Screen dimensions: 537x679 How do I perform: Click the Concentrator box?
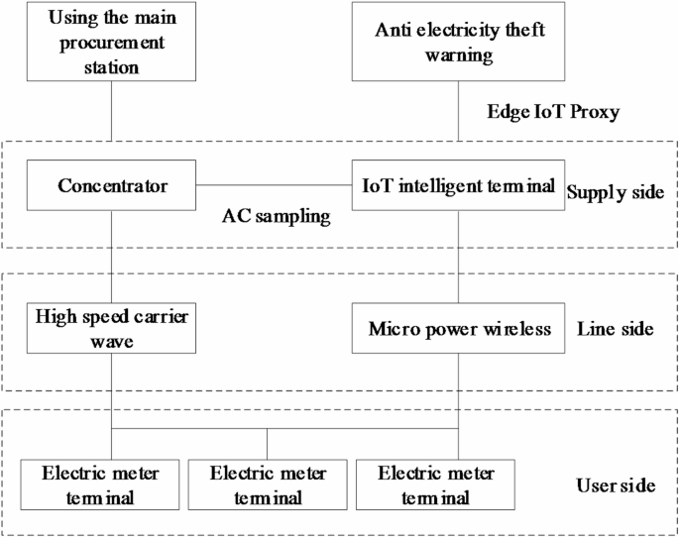111,185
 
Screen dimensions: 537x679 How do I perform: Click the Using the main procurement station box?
111,41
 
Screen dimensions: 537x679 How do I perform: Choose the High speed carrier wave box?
111,329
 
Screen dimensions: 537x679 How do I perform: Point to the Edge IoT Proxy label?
553,111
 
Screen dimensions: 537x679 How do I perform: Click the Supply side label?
615,191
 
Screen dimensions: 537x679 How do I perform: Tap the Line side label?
614,329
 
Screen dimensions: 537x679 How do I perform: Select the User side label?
615,485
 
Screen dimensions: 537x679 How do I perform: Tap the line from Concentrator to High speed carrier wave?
111,258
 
